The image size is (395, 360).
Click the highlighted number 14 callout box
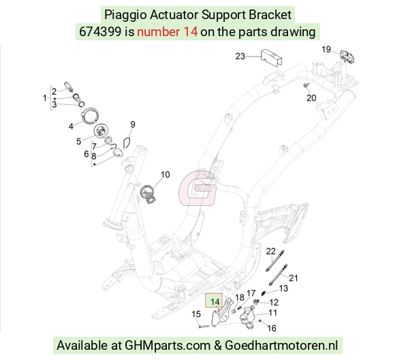214,301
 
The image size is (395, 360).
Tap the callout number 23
240,56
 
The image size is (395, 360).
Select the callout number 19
326,49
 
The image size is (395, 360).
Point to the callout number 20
311,97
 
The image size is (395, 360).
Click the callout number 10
165,175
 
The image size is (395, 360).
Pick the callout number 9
133,124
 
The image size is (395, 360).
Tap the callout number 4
71,126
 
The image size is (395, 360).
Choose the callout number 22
271,252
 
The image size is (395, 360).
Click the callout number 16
272,328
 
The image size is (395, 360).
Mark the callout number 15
196,314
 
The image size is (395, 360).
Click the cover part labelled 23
271,58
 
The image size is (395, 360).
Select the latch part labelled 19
347,57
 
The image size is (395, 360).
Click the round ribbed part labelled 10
148,193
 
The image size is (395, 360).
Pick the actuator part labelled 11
247,317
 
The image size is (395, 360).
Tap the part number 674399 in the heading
100,32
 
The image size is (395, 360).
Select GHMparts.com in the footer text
168,346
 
